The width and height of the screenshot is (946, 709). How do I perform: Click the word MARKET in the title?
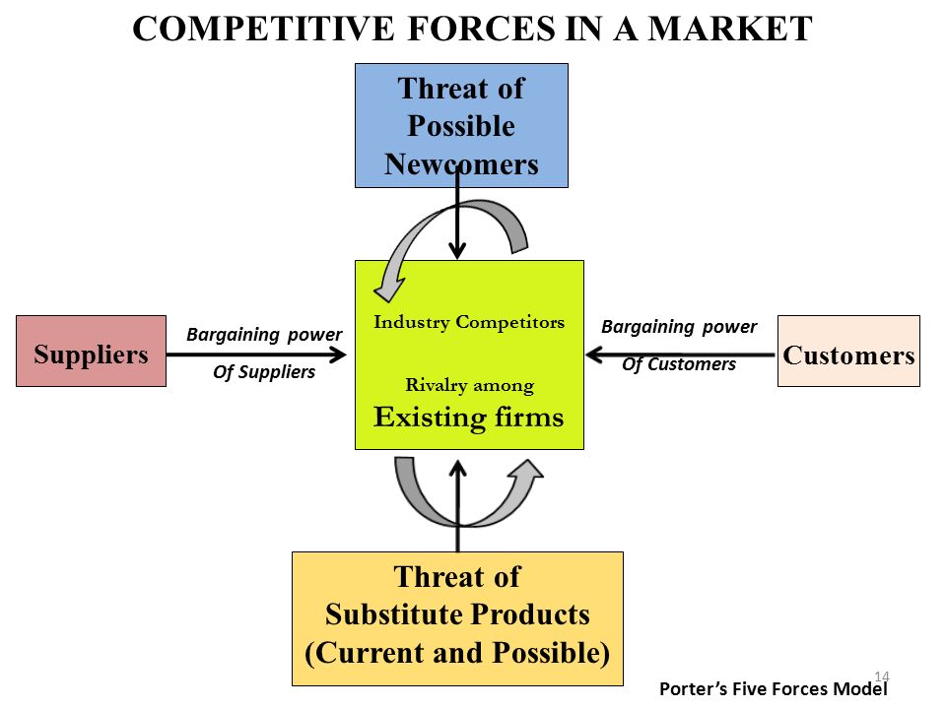coord(730,29)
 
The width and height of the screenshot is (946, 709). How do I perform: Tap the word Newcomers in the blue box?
coord(461,164)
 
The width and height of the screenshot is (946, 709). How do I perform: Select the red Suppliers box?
coord(91,351)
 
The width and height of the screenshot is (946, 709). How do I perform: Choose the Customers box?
coord(848,351)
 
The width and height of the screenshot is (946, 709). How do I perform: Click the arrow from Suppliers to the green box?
coord(256,354)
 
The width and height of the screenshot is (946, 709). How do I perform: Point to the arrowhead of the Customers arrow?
coord(594,354)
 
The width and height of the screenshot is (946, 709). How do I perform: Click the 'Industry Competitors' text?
coord(469,323)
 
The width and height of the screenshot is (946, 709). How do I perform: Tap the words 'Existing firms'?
coord(469,418)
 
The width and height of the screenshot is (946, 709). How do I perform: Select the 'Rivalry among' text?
coord(470,385)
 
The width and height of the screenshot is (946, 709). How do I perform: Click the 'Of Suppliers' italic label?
coord(264,372)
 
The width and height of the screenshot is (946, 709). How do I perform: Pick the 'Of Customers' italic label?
coord(679,364)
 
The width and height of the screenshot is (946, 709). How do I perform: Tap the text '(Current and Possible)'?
coord(457,653)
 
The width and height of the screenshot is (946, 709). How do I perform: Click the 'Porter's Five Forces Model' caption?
coord(774,689)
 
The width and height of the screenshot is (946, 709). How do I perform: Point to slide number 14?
coord(882,677)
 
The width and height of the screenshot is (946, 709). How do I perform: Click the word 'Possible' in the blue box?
coord(461,126)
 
